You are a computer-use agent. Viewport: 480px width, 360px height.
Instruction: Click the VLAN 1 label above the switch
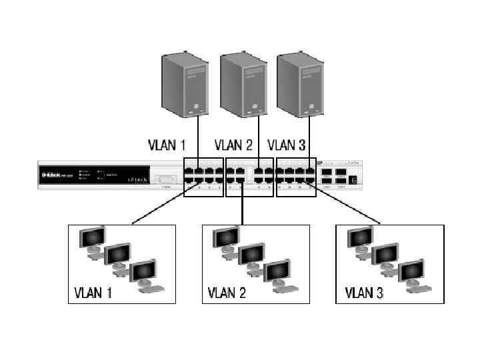(x=166, y=145)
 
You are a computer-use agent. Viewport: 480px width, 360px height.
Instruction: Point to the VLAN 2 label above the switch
(x=233, y=145)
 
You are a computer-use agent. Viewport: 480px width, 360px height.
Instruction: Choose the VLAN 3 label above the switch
(x=287, y=145)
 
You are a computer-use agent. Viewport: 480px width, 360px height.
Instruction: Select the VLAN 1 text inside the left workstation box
(x=93, y=292)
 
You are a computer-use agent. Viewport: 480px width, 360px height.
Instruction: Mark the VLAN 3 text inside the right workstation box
(x=364, y=292)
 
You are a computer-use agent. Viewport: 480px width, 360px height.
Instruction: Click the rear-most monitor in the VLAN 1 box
(x=92, y=237)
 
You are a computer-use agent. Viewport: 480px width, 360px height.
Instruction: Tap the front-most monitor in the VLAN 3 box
(x=411, y=272)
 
